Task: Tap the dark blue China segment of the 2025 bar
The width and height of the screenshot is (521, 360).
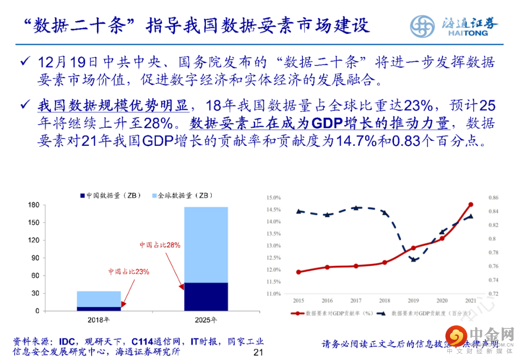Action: [206, 296]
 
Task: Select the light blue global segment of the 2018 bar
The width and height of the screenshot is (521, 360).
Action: [98, 299]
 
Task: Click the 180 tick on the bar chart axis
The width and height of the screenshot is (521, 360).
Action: [33, 205]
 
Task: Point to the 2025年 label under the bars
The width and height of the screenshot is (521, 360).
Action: [206, 320]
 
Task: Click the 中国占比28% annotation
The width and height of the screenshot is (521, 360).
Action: [160, 245]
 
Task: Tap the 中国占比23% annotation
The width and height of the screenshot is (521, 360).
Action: [129, 272]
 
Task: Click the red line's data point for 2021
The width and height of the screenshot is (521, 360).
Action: [471, 205]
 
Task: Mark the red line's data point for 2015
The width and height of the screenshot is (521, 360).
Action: [299, 272]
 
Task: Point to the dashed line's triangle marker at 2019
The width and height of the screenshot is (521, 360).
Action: [413, 259]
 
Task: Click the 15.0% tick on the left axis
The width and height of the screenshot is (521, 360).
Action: [274, 197]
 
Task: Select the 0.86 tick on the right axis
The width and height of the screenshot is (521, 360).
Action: [494, 197]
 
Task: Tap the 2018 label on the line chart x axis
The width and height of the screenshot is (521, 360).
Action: [384, 301]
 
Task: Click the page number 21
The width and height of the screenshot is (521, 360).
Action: [258, 352]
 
